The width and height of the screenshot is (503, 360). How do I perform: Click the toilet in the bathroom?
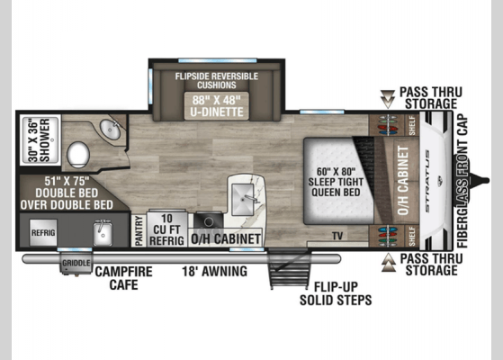click(78, 155)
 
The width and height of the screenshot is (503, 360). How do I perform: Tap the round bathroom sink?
click(111, 130)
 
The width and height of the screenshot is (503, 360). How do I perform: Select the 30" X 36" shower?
click(40, 141)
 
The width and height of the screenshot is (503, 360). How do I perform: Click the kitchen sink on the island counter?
click(243, 200)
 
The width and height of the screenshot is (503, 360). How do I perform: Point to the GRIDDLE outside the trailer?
click(76, 263)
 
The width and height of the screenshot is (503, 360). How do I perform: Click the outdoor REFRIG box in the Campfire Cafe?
click(43, 232)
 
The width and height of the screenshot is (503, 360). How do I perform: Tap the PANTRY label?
click(139, 230)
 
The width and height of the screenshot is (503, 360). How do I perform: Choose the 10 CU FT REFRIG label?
click(166, 229)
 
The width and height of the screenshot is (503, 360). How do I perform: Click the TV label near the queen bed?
click(337, 236)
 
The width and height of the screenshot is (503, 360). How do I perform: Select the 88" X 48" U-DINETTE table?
click(217, 106)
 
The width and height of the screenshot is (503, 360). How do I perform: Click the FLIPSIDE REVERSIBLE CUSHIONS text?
click(217, 80)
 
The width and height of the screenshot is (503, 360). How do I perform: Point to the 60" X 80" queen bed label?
click(336, 182)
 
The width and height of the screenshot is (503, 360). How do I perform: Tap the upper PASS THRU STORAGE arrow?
click(388, 99)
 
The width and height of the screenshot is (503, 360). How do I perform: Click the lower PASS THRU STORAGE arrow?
click(388, 263)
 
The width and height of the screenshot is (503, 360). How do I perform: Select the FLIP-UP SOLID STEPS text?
click(336, 293)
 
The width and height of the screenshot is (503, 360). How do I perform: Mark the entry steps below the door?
click(288, 268)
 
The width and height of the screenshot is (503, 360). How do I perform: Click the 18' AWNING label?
click(215, 272)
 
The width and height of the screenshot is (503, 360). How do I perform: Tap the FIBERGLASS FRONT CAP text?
click(463, 181)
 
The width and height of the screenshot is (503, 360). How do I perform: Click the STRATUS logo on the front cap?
click(427, 181)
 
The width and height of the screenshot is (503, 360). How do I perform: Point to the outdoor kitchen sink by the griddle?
click(103, 232)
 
